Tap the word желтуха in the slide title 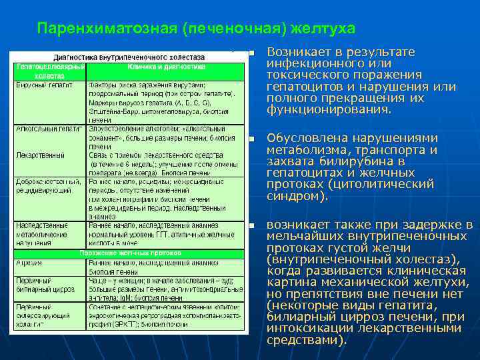[323, 29]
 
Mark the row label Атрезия [29, 263]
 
